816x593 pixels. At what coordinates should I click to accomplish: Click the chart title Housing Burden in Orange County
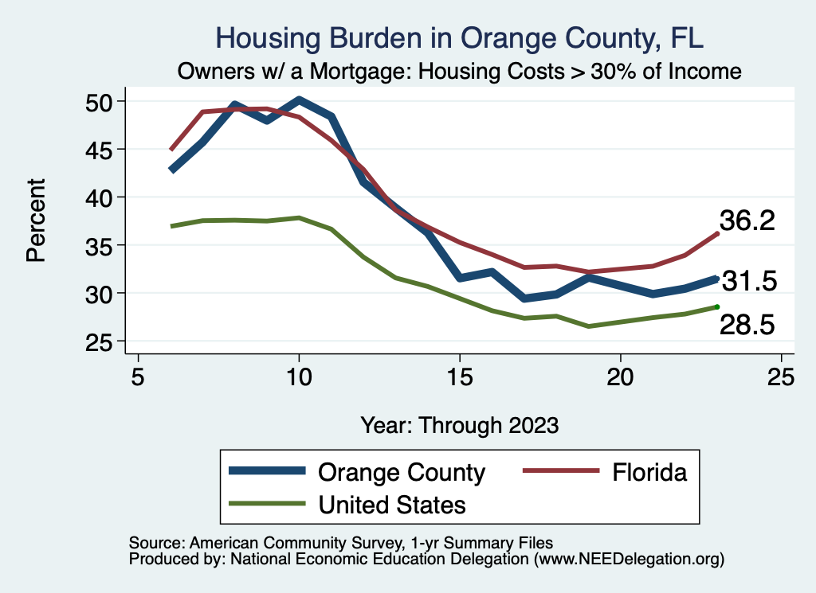click(460, 38)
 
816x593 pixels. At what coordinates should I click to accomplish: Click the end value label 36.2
click(747, 220)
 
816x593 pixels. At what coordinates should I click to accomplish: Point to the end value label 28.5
click(747, 324)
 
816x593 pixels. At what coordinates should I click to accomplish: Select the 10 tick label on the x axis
click(299, 376)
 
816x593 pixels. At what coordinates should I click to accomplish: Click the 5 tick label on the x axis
click(138, 376)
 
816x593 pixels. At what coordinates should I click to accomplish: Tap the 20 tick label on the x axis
click(620, 376)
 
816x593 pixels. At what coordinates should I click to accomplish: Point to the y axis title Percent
click(36, 221)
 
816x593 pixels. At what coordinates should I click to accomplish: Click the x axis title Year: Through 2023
click(459, 424)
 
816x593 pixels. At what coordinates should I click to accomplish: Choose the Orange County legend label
click(402, 472)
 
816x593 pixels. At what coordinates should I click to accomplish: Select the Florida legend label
click(649, 472)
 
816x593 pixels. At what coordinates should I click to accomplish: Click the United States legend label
click(392, 504)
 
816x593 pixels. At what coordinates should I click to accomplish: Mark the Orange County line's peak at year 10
click(299, 100)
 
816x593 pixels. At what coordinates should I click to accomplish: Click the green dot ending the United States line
click(717, 306)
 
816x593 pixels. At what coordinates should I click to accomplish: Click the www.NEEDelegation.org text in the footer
click(629, 560)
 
